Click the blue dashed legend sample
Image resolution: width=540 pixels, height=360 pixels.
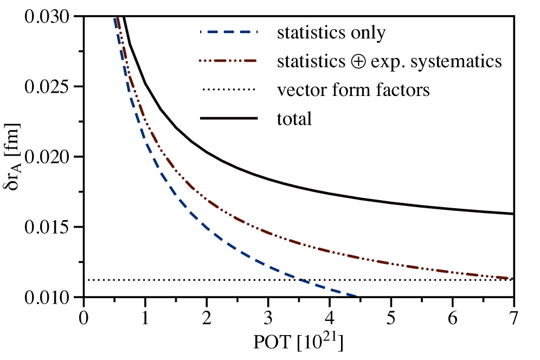click(229, 32)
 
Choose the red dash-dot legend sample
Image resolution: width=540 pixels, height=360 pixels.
click(228, 61)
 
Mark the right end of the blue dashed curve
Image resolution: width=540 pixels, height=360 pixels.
click(356, 295)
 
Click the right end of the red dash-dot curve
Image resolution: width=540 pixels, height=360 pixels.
click(512, 278)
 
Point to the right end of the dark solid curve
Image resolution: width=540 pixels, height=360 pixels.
click(512, 214)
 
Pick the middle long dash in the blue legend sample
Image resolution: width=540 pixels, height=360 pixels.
click(229, 32)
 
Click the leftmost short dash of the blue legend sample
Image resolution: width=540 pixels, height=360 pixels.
click(201, 32)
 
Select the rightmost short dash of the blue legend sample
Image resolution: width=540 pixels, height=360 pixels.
click(256, 32)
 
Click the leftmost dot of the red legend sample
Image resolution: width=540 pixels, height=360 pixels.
click(200, 61)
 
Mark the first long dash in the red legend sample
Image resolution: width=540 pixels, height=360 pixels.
click(221, 61)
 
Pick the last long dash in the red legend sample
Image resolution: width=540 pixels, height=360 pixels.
click(250, 61)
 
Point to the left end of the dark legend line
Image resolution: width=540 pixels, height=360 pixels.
click(201, 118)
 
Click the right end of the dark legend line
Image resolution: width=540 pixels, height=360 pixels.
click(258, 118)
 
